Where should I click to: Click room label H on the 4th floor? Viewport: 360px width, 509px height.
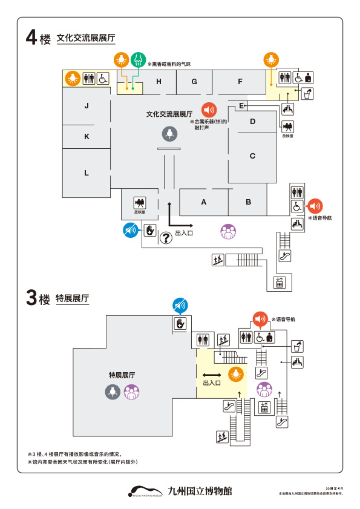point(159,82)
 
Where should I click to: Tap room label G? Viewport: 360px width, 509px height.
point(194,82)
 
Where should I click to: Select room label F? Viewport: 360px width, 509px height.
point(240,82)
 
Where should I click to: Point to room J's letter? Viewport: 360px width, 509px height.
point(87,106)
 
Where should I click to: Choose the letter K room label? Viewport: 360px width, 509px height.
point(87,137)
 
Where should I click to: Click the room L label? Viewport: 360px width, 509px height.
point(87,173)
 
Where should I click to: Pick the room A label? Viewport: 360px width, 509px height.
point(204,202)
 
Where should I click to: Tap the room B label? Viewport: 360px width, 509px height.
point(248,202)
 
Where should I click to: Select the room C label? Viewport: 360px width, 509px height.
point(252,156)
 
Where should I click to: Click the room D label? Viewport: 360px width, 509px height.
point(252,122)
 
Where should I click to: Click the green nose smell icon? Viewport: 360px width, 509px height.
point(139,59)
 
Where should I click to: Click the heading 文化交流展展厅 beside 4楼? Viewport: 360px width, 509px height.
point(85,38)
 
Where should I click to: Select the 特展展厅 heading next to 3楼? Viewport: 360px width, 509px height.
point(72,298)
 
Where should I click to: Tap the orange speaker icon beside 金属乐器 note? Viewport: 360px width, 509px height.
point(209,110)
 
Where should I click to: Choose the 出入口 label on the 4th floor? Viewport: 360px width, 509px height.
point(183,232)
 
